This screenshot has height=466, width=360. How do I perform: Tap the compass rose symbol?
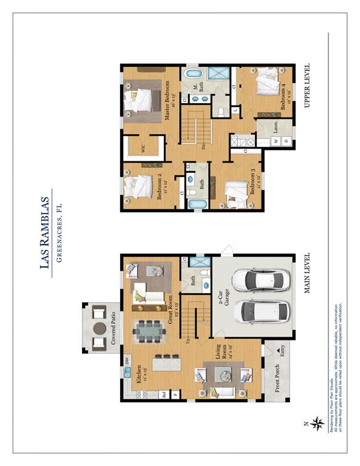(x=317, y=423)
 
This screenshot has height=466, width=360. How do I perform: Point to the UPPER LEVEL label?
(x=307, y=86)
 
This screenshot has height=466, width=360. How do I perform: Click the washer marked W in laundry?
(x=276, y=141)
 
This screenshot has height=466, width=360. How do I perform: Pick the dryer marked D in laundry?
(x=287, y=141)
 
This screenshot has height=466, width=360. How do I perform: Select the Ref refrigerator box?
(x=164, y=393)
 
